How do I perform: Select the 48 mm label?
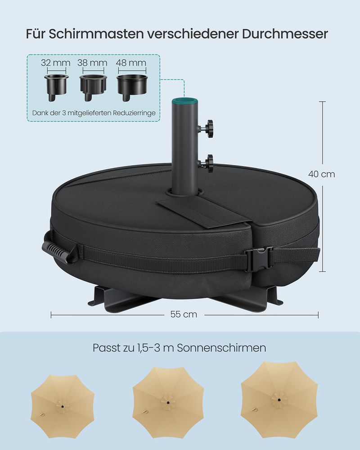[131, 63]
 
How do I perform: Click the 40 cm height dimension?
[322, 174]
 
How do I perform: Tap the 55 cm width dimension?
[184, 314]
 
